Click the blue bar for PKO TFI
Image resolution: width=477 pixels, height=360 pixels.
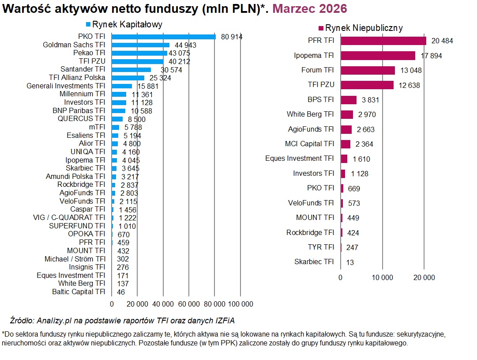163,37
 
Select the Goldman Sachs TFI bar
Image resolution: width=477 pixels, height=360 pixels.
140,45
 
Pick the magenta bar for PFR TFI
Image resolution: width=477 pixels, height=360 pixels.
383,41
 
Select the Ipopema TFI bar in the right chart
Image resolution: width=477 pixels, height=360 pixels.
378,56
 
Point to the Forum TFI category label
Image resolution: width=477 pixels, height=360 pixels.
317,70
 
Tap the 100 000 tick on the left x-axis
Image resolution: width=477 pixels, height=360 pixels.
240,304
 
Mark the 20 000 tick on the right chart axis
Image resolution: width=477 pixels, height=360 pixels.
424,277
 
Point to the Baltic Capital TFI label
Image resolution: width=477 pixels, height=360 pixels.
79,292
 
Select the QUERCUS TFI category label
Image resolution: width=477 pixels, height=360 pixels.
81,119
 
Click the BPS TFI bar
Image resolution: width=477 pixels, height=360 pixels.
349,100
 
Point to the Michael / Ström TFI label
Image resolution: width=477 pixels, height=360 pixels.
75,259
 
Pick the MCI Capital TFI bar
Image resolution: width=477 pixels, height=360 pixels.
346,144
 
